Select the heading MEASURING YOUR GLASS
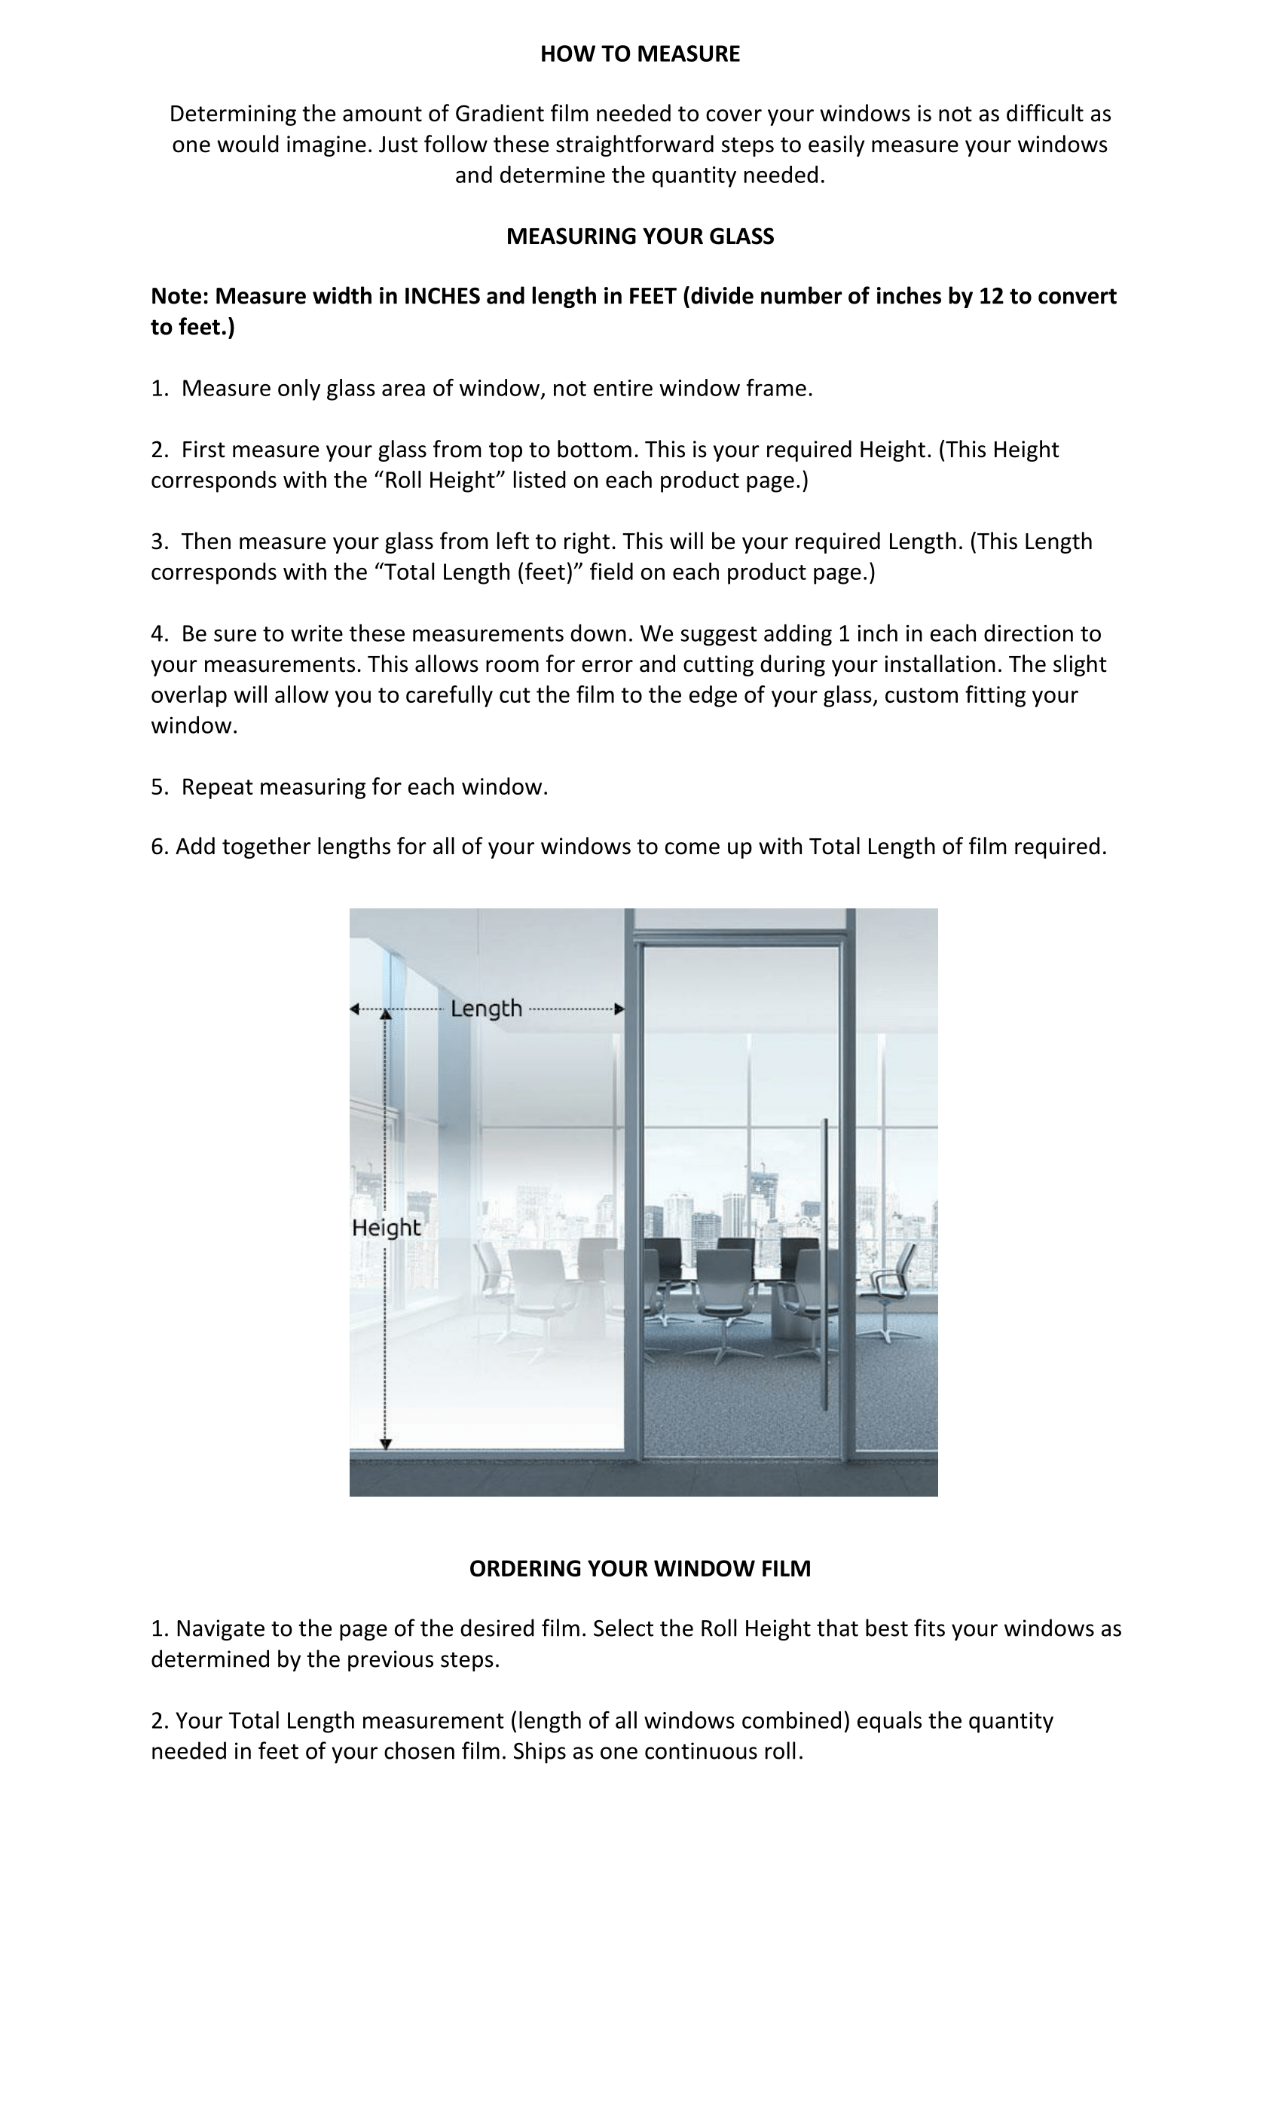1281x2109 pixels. tap(640, 237)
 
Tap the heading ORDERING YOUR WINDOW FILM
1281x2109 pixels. tap(640, 1568)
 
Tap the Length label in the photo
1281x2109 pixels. tap(485, 1009)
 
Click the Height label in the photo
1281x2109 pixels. tap(386, 1228)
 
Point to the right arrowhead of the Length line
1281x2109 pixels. tap(619, 1009)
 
